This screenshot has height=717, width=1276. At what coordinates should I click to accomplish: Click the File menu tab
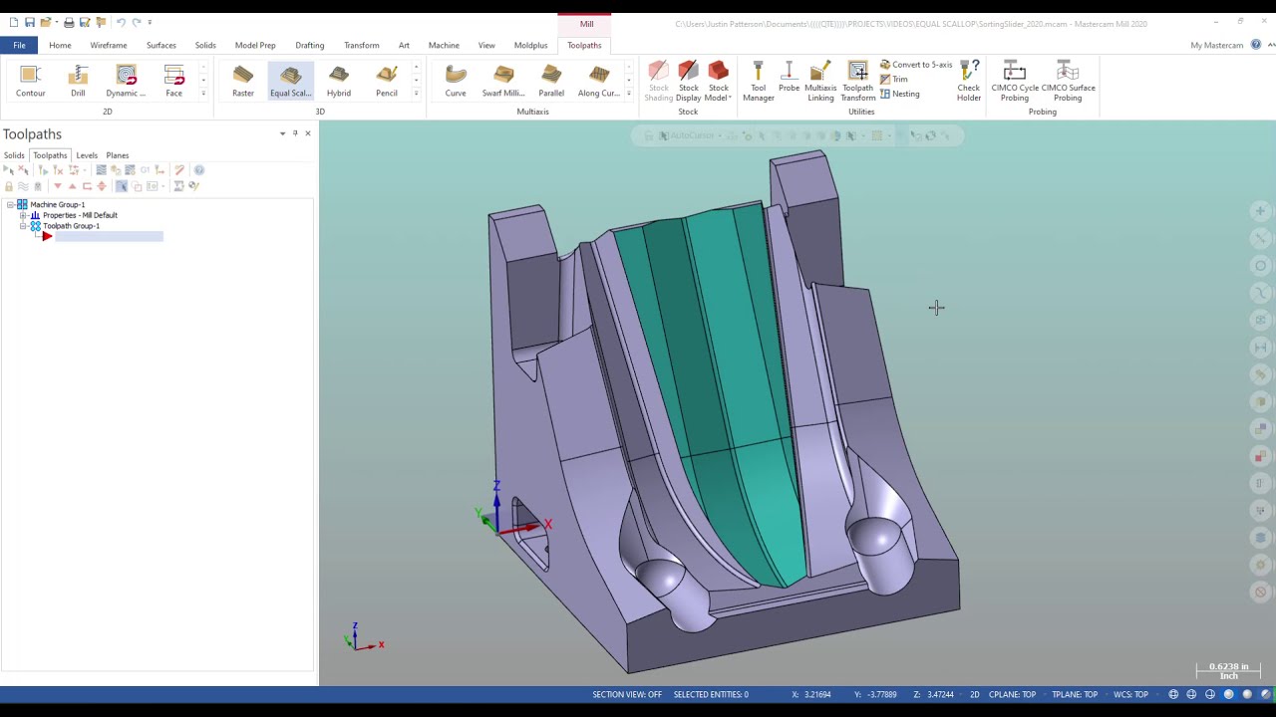[19, 45]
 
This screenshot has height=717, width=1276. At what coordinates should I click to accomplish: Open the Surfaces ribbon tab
[160, 45]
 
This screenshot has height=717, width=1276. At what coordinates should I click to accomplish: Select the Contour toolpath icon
[30, 80]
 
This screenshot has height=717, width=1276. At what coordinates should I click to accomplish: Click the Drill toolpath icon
[78, 80]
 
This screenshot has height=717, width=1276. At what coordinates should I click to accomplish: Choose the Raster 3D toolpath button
[243, 80]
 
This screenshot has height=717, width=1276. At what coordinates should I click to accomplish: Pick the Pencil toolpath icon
[387, 80]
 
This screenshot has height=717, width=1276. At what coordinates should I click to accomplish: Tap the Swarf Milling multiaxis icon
[503, 80]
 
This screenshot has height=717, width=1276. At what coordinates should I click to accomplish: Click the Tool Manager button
[758, 80]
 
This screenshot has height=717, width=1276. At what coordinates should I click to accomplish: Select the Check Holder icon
[969, 80]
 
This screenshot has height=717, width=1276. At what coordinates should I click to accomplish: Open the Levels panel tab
[87, 155]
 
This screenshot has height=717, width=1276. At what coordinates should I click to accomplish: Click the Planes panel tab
[118, 155]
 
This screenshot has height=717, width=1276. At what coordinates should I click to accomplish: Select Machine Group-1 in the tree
[57, 204]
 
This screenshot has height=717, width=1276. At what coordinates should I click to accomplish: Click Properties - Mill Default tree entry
[80, 215]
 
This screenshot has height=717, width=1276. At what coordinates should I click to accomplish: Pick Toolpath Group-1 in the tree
[71, 226]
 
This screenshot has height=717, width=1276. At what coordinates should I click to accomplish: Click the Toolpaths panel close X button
[307, 133]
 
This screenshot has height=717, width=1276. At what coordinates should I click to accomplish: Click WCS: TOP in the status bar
[1130, 694]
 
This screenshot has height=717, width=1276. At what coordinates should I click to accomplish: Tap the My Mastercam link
[1216, 45]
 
